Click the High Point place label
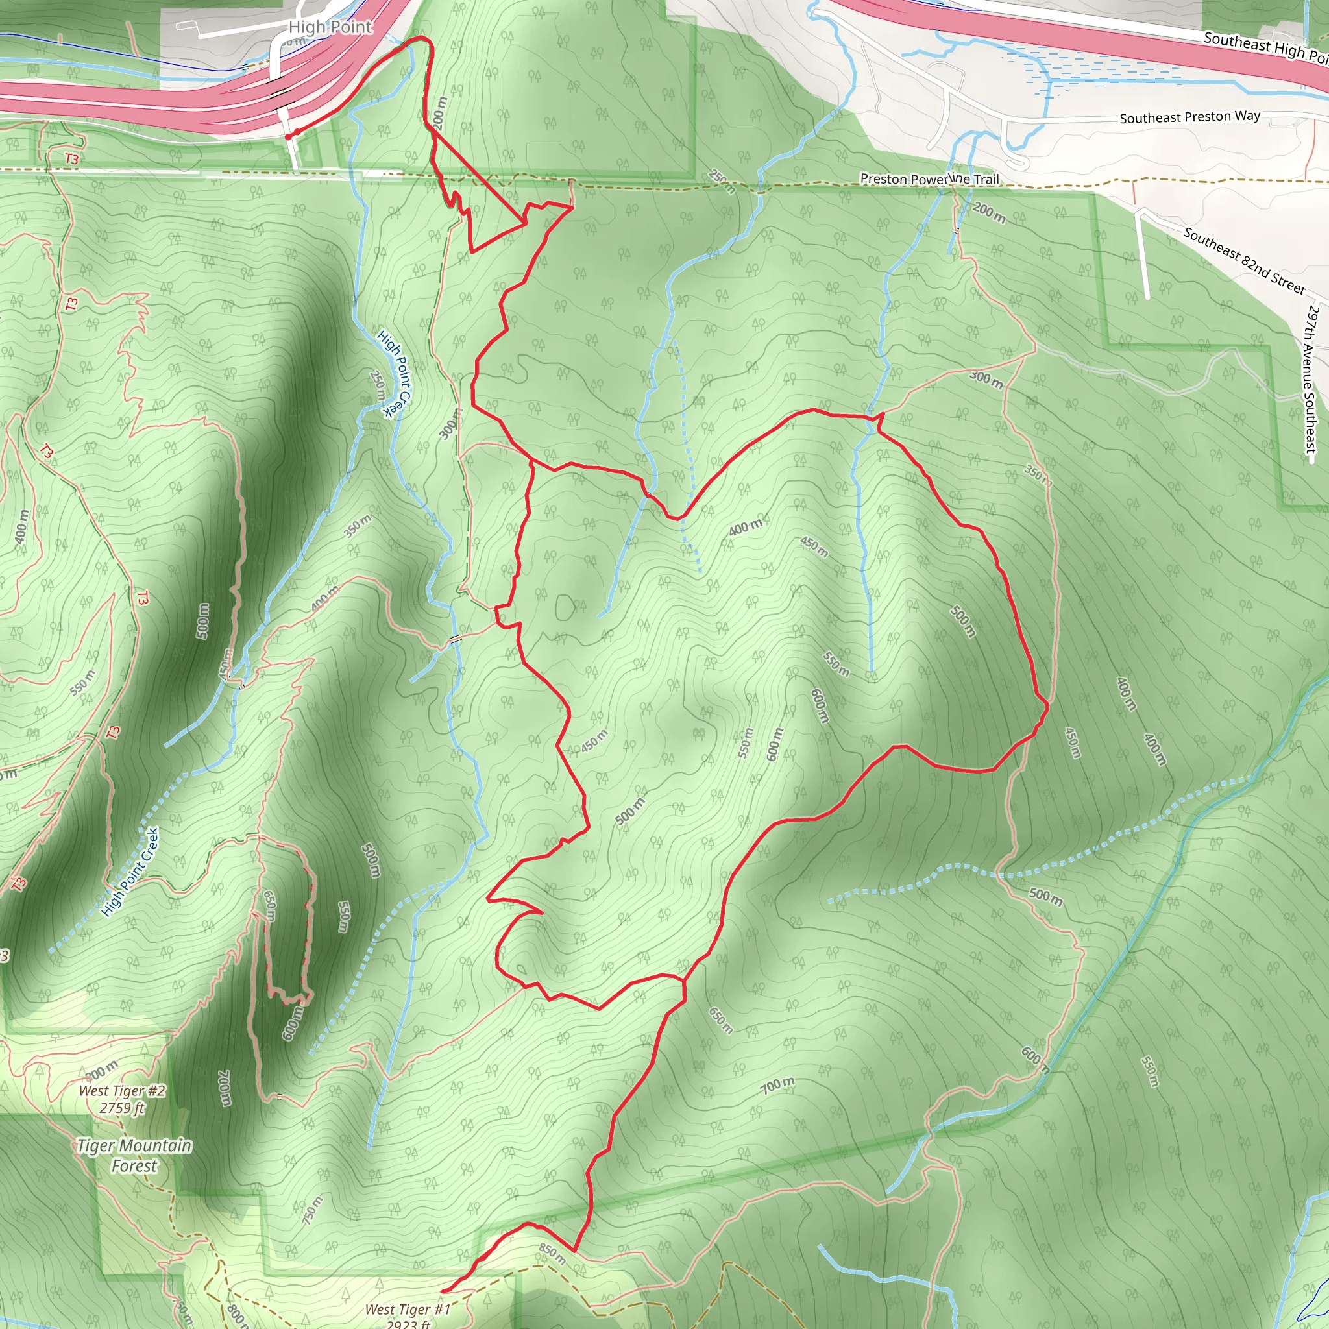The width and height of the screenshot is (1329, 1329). coord(330,27)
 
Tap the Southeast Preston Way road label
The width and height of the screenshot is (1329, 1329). coord(1189,117)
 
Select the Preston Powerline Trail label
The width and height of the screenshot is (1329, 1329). coord(929,179)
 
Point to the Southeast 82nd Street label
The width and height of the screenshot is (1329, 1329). coord(1244,261)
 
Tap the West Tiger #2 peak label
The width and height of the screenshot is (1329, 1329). coord(123,1099)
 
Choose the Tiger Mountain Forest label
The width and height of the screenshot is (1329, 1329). coord(134,1155)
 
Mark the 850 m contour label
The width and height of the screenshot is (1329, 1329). coord(552,1253)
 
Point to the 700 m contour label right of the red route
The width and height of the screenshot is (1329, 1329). coord(777,1086)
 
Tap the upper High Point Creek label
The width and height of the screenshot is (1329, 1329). coord(393,374)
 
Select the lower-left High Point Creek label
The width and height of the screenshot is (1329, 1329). coord(130,872)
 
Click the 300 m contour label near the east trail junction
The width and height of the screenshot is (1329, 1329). coord(986,378)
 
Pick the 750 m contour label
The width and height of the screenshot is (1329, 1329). coord(312,1210)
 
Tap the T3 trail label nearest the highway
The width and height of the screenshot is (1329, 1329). coord(71,159)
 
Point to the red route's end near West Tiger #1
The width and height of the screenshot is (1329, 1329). coord(444,1291)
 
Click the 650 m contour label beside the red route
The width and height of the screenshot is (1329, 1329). coord(720,1020)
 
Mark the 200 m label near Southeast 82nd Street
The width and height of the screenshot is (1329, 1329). coord(988,213)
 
